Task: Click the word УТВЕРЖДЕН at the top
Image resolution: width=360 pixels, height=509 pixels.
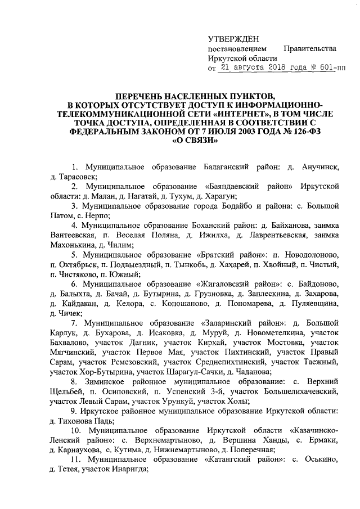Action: click(233, 39)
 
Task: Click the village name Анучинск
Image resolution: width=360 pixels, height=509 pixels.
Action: click(318, 167)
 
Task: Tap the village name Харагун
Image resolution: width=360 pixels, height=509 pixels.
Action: click(218, 196)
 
